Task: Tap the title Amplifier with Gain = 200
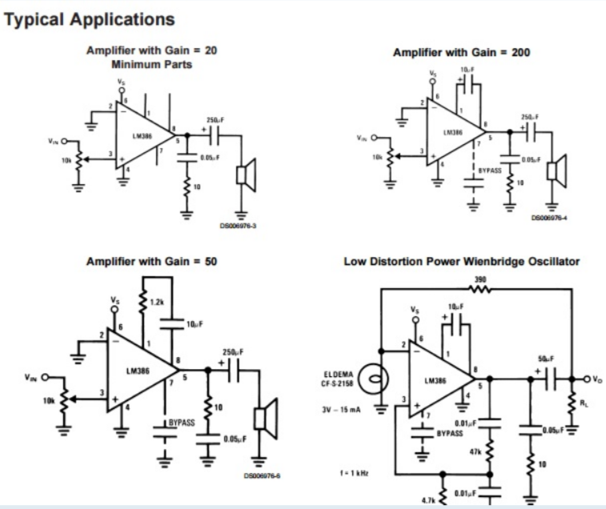tap(462, 52)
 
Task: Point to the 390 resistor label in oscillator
tap(480, 281)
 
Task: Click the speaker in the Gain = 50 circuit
tap(260, 418)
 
